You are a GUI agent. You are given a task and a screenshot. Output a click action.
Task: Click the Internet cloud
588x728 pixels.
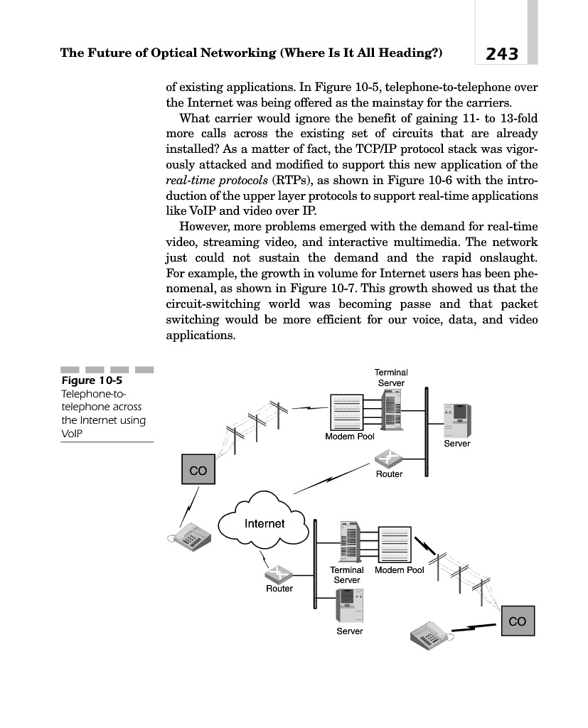coord(264,524)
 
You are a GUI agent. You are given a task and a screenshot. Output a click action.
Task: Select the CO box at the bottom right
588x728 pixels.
coord(518,621)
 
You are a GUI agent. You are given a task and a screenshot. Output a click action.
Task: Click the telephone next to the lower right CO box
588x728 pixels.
coord(432,633)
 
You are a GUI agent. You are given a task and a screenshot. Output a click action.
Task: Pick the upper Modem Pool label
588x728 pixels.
coord(349,436)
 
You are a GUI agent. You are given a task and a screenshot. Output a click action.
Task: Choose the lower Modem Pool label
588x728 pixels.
coord(399,570)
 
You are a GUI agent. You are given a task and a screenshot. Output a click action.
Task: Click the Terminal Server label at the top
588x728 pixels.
coord(390,378)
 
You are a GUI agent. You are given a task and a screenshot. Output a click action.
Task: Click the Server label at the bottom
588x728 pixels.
coord(349,631)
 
